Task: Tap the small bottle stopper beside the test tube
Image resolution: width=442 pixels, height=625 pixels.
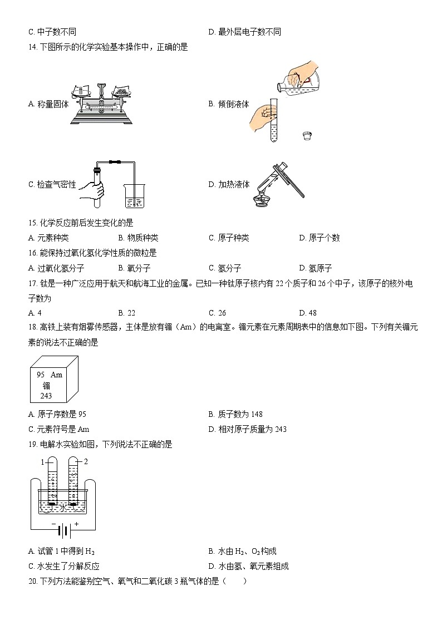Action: tap(306, 135)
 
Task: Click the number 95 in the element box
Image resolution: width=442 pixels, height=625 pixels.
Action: tap(41, 375)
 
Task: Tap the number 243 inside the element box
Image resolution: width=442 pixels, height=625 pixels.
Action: tap(46, 396)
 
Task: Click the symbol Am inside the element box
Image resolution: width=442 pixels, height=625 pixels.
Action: tap(56, 375)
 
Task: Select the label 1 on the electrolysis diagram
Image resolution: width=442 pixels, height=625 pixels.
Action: tap(42, 462)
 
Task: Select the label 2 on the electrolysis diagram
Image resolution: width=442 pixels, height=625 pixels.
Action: tap(86, 461)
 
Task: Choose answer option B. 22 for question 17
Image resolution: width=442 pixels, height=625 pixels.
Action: tap(126, 313)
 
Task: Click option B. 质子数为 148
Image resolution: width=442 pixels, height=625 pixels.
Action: tap(235, 414)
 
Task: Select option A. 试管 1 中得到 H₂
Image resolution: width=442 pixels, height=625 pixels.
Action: tap(61, 552)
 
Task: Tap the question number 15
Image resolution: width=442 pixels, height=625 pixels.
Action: tap(32, 223)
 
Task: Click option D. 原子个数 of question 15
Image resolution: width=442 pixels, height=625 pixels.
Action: tap(320, 238)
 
